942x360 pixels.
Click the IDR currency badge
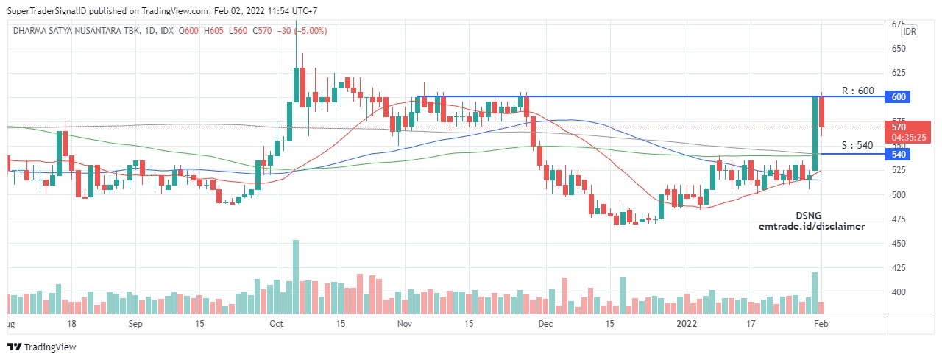pyautogui.click(x=910, y=31)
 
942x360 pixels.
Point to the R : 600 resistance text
pyautogui.click(x=857, y=91)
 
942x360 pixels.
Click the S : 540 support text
pyautogui.click(x=857, y=145)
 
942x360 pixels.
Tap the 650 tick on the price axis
pyautogui.click(x=899, y=49)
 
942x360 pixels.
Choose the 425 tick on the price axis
pyautogui.click(x=899, y=268)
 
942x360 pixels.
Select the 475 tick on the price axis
pyautogui.click(x=899, y=219)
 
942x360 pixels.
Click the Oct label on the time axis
pyautogui.click(x=277, y=323)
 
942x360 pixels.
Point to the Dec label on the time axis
pyautogui.click(x=545, y=323)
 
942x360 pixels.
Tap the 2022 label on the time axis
pyautogui.click(x=687, y=323)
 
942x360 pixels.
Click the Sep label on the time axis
pyautogui.click(x=135, y=323)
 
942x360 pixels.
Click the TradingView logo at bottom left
pyautogui.click(x=42, y=347)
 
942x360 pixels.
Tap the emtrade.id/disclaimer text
pyautogui.click(x=812, y=226)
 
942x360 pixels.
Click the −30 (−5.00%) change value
pyautogui.click(x=301, y=31)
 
